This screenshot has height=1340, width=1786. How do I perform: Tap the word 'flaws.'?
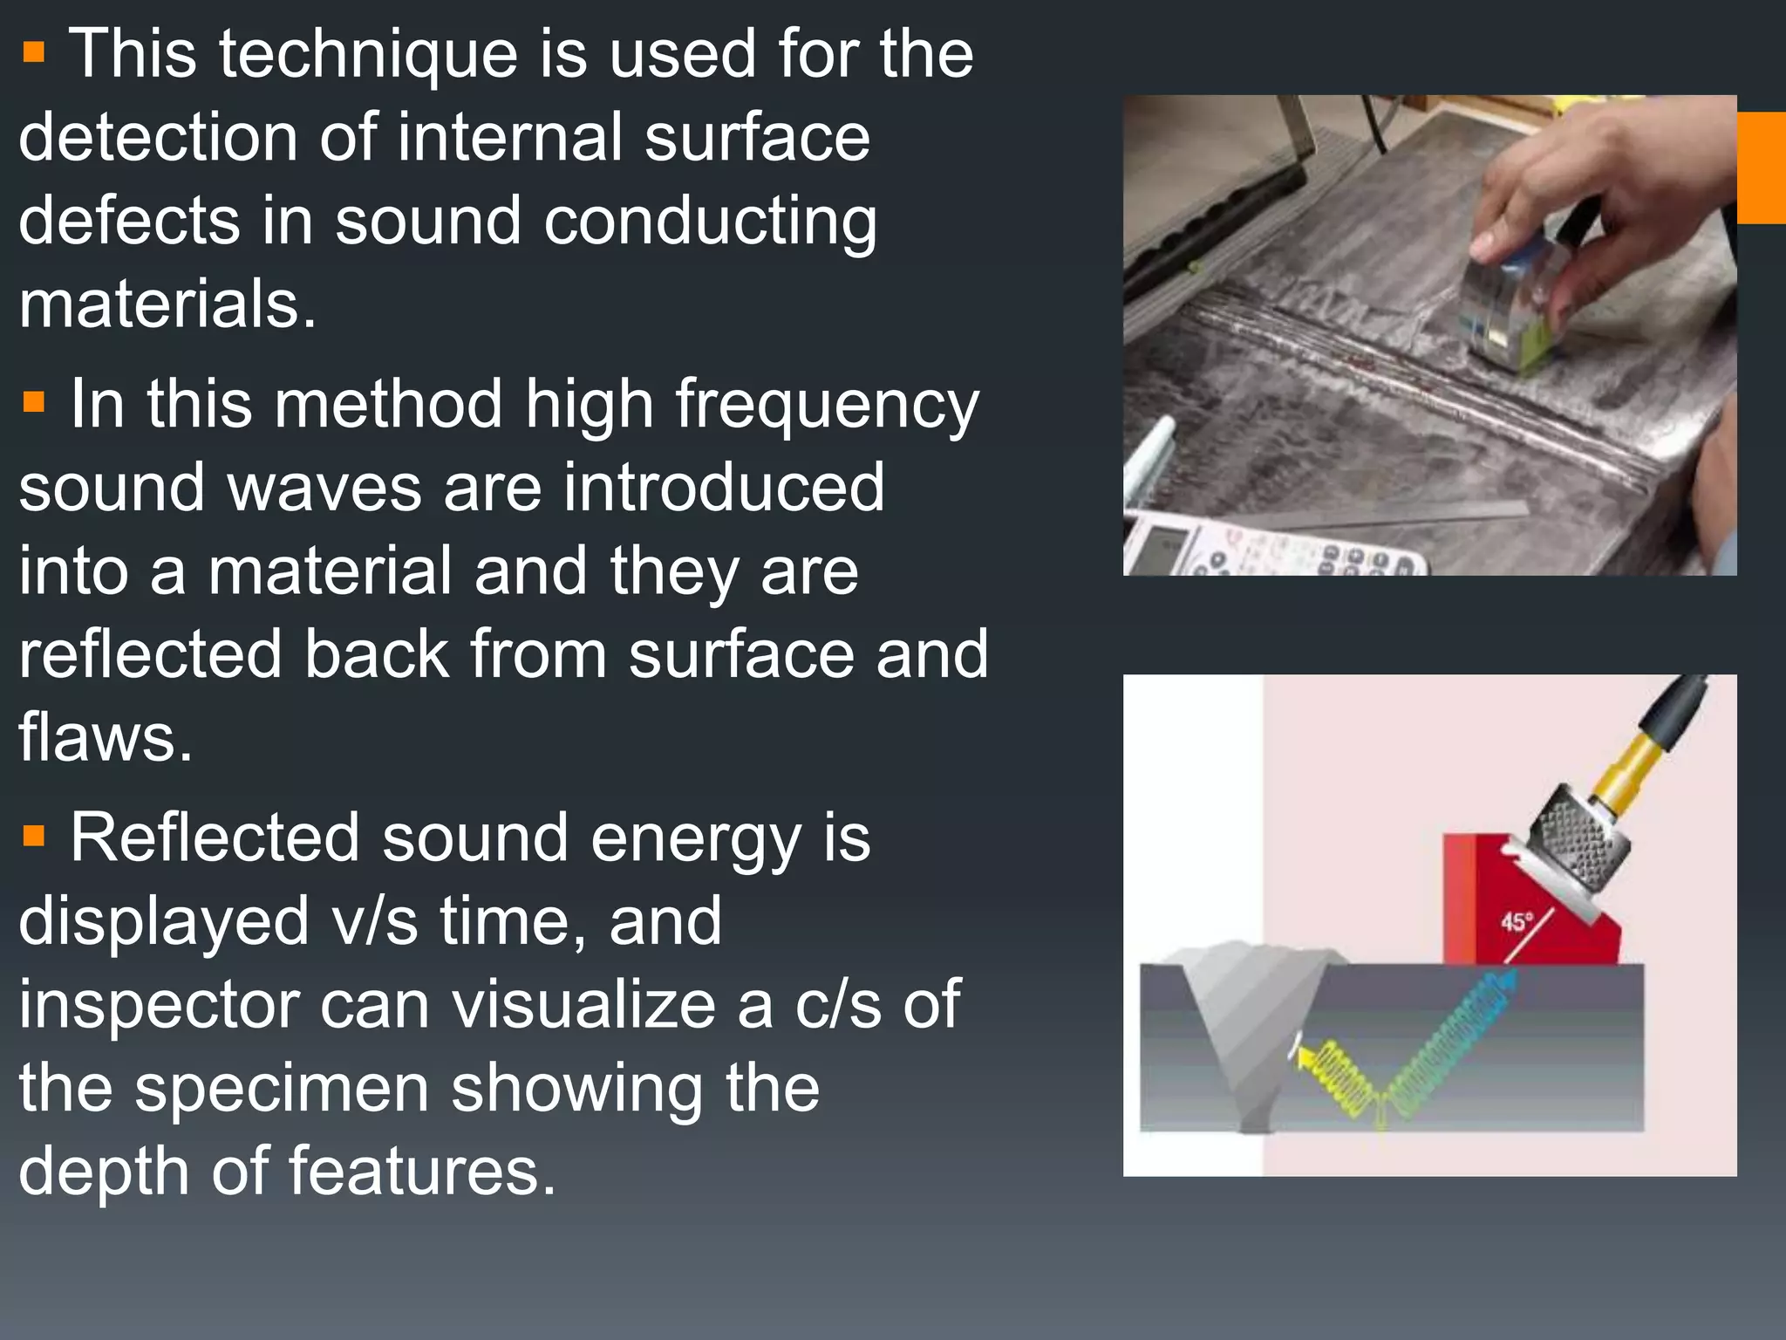(106, 737)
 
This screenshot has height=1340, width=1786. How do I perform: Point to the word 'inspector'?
(158, 1004)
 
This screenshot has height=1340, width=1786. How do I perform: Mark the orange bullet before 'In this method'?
(34, 402)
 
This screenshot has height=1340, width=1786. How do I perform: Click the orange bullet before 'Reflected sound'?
(34, 837)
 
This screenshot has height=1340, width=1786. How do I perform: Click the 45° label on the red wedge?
(1517, 921)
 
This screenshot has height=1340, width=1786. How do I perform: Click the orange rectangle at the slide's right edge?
(1761, 167)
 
